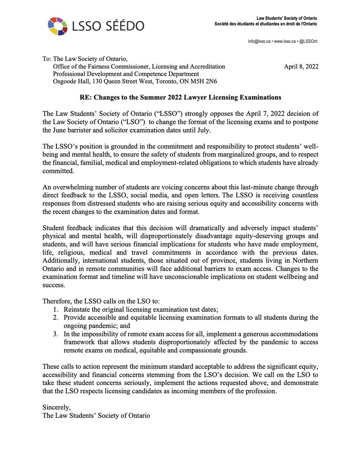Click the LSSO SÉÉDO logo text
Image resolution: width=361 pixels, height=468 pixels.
click(108, 26)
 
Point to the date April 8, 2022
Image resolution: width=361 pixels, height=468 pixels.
click(301, 67)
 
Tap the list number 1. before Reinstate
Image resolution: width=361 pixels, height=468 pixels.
click(56, 310)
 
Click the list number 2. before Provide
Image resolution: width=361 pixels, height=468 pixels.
click(56, 317)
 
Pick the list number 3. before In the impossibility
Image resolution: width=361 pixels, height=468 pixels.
click(56, 334)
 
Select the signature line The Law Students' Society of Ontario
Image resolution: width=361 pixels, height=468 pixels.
click(96, 415)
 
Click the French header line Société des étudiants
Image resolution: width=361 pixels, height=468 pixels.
click(266, 24)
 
